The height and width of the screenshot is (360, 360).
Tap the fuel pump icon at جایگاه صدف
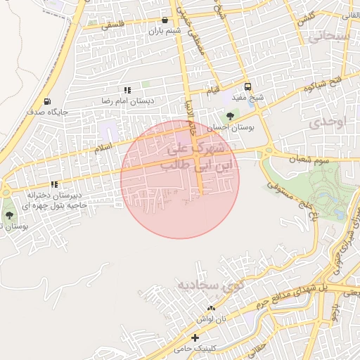[47, 101]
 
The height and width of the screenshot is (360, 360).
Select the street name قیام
[213, 91]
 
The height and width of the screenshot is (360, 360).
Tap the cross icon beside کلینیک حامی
[195, 339]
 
